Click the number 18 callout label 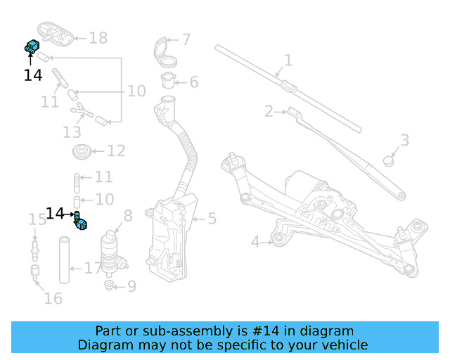pyautogui.click(x=98, y=38)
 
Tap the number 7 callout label pyautogui.click(x=186, y=39)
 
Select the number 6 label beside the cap pyautogui.click(x=193, y=82)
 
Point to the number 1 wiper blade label pyautogui.click(x=288, y=60)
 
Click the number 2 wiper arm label pyautogui.click(x=269, y=111)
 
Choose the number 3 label pyautogui.click(x=404, y=140)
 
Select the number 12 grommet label pyautogui.click(x=116, y=150)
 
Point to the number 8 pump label pyautogui.click(x=127, y=215)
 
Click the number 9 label pyautogui.click(x=131, y=286)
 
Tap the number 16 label pyautogui.click(x=53, y=298)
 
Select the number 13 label pyautogui.click(x=72, y=132)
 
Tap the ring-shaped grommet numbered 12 pyautogui.click(x=82, y=150)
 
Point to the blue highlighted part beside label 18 pyautogui.click(x=31, y=48)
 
